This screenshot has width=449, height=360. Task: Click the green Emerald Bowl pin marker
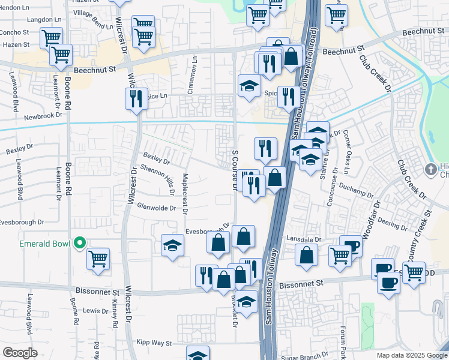pyautogui.click(x=79, y=244)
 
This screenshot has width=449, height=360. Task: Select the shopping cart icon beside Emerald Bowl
pyautogui.click(x=98, y=259)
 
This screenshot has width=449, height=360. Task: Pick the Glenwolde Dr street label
pyautogui.click(x=156, y=208)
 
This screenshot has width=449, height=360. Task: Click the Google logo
pyautogui.click(x=20, y=353)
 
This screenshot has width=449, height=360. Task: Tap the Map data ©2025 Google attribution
pyautogui.click(x=411, y=355)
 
